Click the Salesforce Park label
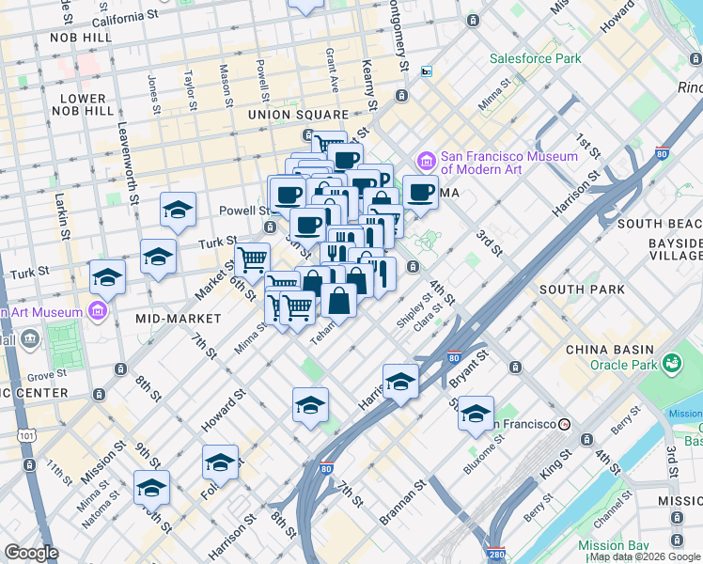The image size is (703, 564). [535, 58]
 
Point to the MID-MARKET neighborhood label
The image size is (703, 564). [178, 319]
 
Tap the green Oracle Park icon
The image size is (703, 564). [671, 363]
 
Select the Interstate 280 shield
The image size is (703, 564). [496, 555]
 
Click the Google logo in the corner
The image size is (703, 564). [31, 553]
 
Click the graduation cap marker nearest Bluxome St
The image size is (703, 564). [476, 413]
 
